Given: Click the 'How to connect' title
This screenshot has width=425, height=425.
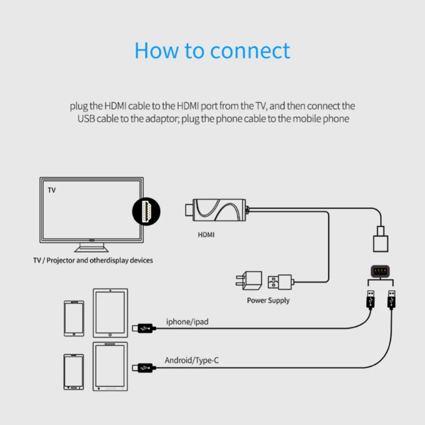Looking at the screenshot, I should pos(212,51).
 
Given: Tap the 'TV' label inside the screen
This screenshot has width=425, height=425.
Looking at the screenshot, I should pos(51,190).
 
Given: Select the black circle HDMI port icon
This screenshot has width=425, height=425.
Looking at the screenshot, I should pos(147,210).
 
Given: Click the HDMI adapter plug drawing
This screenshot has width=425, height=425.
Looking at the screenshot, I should pos(217,210).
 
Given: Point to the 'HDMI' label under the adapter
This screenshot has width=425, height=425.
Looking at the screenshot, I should pos(206,234).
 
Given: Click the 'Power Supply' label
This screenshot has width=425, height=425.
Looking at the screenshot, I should pos(268,300).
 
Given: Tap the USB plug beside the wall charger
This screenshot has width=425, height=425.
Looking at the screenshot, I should pos(280,281).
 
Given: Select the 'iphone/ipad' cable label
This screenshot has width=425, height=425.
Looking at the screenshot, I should pos(187,322).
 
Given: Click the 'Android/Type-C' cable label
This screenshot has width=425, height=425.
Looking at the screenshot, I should pos(192,361).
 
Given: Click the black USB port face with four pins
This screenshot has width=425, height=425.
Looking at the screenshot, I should pos(380,271).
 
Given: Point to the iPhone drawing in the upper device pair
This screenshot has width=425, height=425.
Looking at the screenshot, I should pos(74,319).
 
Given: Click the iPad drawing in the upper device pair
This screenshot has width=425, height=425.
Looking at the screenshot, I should pos(110,313).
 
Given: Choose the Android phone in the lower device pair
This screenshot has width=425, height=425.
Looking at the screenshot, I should pos(74,372).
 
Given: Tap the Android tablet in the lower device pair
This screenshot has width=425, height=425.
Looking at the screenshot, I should pos(110,366).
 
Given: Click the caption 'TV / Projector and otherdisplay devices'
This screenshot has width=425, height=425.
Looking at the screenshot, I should pos(93,260).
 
